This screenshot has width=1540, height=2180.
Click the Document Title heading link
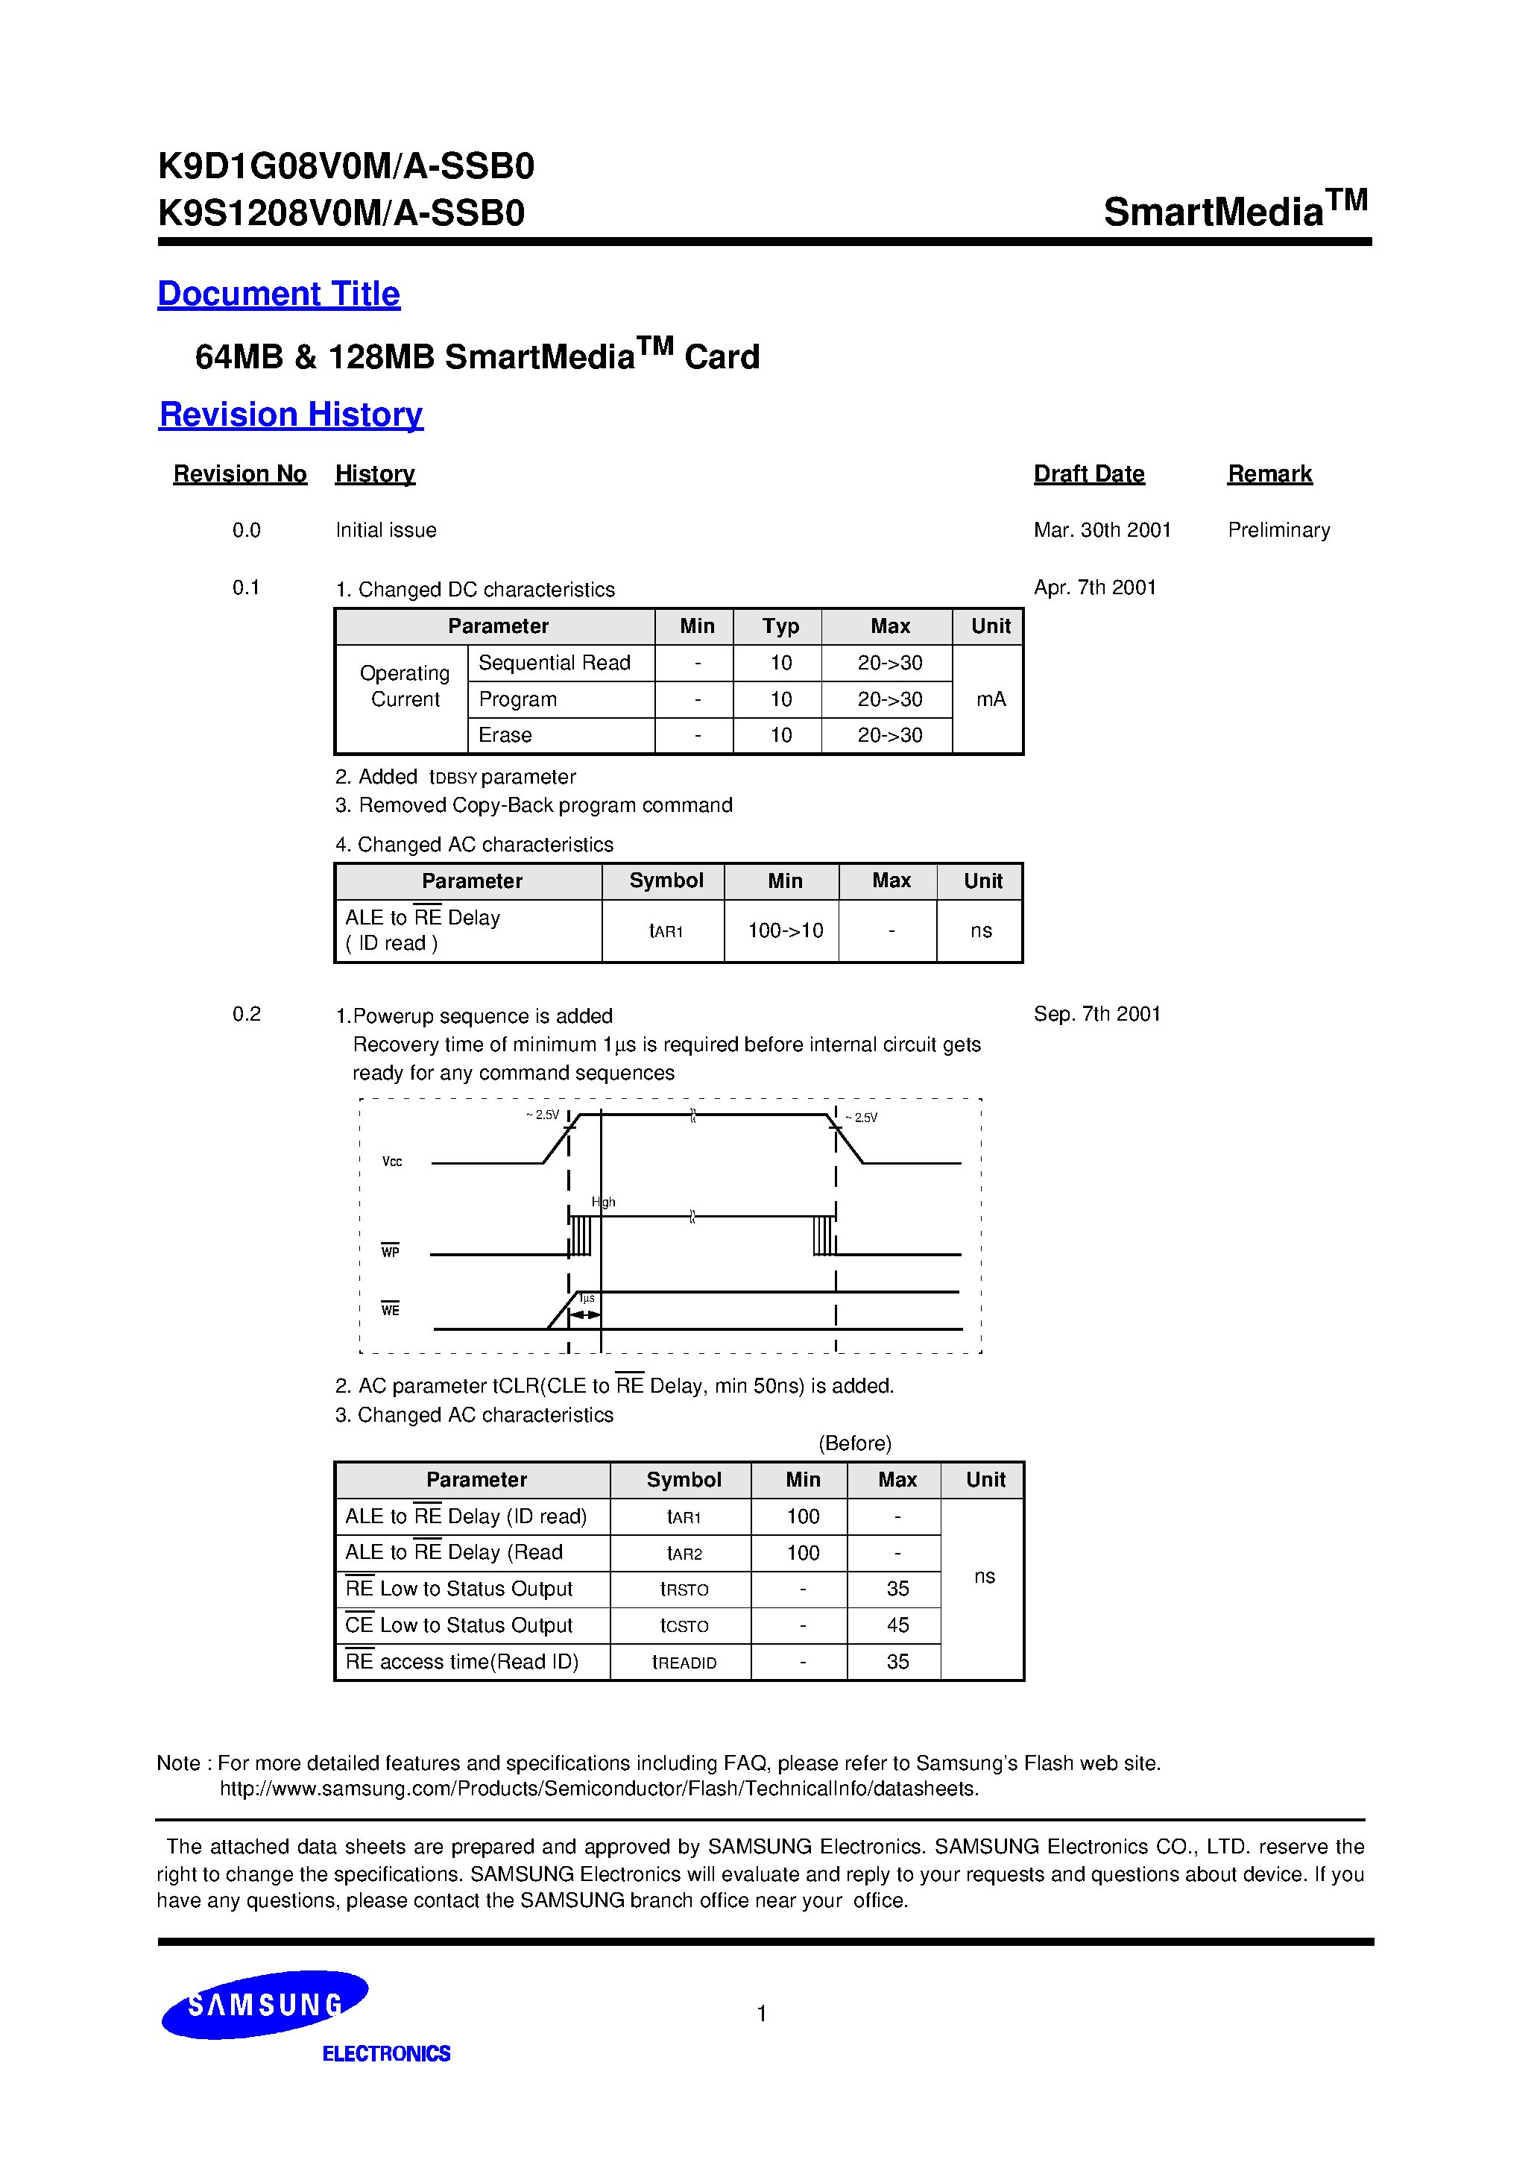click(278, 294)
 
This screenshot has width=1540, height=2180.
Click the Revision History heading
click(291, 415)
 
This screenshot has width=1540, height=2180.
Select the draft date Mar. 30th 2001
click(1102, 530)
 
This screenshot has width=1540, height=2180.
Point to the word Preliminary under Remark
click(1278, 530)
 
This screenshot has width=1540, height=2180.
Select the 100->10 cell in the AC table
click(784, 931)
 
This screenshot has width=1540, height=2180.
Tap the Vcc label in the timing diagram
click(392, 1162)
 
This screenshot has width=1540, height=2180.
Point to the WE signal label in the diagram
click(391, 1310)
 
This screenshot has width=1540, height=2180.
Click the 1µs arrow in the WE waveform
click(585, 1314)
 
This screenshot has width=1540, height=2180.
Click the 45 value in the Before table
click(897, 1625)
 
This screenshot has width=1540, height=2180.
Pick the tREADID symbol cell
click(684, 1663)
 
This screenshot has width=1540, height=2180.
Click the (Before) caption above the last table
click(854, 1443)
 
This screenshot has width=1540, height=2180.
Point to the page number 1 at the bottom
click(762, 2013)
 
